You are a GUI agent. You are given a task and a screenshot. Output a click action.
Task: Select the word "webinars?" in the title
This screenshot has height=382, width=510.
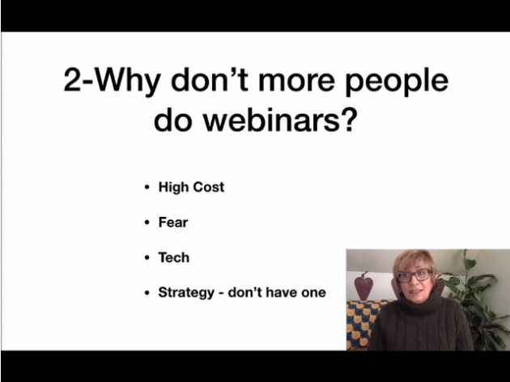point(280,119)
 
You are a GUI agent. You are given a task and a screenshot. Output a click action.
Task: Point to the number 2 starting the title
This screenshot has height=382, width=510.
point(72,79)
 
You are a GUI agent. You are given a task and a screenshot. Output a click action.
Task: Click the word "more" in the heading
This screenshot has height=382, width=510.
point(296,83)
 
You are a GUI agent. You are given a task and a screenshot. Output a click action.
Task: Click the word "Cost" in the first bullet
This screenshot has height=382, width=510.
point(209,187)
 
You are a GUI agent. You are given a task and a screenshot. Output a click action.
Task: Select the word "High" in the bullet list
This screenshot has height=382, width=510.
point(173,188)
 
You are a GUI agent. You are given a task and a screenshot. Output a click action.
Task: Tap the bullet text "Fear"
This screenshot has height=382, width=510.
point(173,223)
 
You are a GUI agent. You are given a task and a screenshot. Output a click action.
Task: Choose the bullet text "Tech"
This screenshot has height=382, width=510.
point(174,257)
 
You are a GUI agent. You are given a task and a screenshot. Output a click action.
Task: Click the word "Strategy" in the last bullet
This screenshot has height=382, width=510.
point(186,293)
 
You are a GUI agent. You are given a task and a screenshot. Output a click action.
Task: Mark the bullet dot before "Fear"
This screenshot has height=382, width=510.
point(147,223)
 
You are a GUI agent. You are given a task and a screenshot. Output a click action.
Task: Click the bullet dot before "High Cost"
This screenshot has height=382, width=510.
point(147,188)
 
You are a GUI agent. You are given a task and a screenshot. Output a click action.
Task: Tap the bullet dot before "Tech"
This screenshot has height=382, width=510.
point(147,258)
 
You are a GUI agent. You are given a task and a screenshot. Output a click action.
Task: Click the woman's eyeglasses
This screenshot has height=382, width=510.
point(412,276)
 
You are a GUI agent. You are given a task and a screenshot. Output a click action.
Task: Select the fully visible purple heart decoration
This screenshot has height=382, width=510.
point(363,286)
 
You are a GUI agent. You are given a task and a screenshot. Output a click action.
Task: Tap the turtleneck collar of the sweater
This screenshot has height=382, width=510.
point(420,302)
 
